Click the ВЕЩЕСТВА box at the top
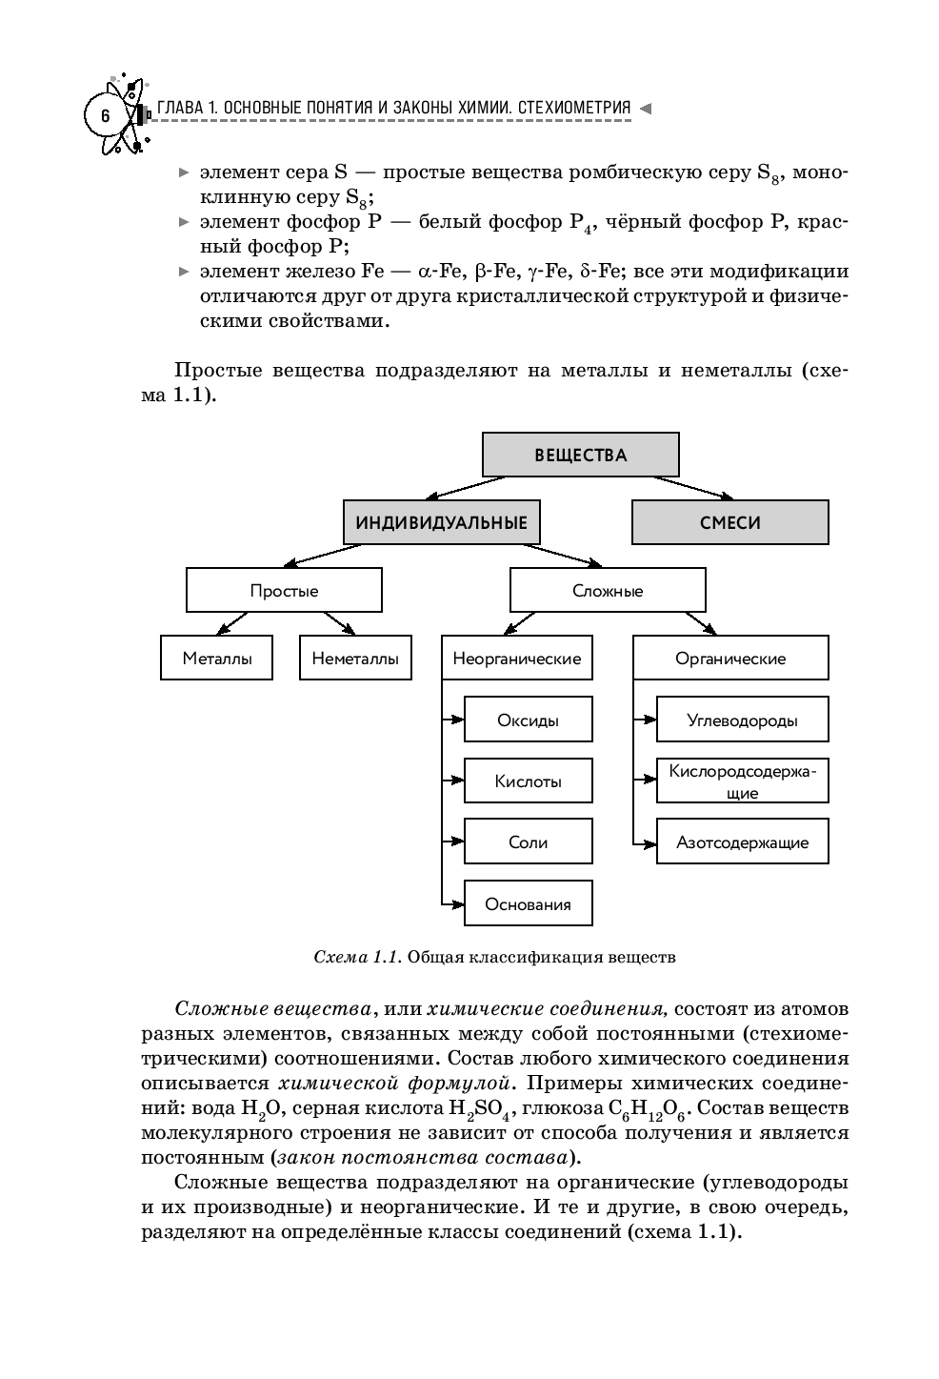(581, 455)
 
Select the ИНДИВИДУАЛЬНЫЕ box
(441, 522)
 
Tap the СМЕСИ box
(729, 522)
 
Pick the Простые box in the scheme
(284, 591)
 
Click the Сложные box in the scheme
(608, 591)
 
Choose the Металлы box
(217, 659)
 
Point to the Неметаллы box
(355, 659)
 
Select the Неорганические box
(517, 659)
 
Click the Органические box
(730, 659)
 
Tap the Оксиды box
(529, 720)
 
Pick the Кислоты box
(529, 781)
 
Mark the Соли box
(529, 842)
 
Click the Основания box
(529, 904)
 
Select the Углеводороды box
(742, 720)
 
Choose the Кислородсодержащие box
(742, 781)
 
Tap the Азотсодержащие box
(742, 842)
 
